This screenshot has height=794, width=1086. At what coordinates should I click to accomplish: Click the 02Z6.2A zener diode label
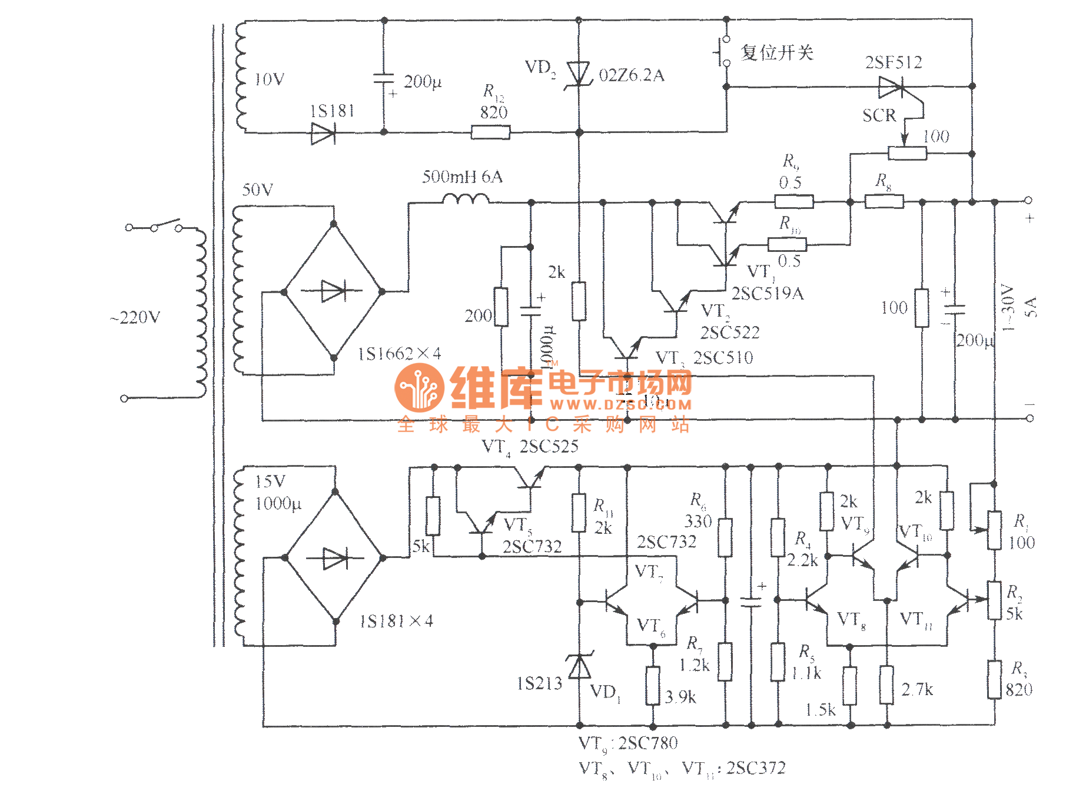coord(631,75)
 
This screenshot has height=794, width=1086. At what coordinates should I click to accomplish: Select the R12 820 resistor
coord(490,132)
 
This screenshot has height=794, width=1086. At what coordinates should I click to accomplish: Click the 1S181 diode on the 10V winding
coord(323,133)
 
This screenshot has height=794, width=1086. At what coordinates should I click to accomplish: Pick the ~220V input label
coord(135,318)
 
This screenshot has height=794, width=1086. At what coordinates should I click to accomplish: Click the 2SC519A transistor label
coord(767,293)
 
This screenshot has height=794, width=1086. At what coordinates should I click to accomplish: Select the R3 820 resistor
coord(994,679)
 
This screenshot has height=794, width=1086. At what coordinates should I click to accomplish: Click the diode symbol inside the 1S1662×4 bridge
coord(333,291)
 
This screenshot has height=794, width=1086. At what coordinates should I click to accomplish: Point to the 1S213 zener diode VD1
coord(579,667)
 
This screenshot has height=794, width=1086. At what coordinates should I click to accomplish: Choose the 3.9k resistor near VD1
coord(652,686)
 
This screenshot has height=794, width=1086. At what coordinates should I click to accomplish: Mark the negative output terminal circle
coord(1029,418)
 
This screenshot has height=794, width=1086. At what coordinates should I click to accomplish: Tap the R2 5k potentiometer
coord(994,600)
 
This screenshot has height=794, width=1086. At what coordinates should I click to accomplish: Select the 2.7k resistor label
coord(917,689)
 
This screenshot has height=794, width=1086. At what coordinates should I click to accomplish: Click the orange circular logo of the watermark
coord(419,387)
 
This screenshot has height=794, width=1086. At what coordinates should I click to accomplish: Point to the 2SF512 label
coord(893,62)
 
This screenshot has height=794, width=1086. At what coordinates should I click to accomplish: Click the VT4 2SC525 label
coord(530,447)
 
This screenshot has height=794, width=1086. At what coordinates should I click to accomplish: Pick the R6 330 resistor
coord(725,537)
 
